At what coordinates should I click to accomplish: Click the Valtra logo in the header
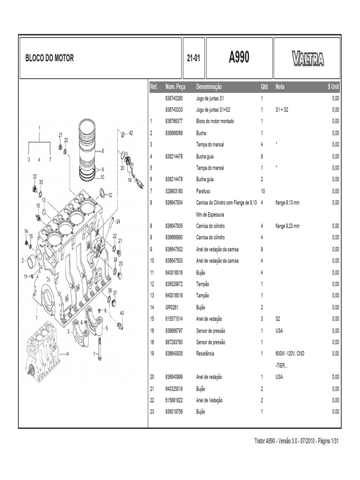point(307,59)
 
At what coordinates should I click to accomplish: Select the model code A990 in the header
point(239,58)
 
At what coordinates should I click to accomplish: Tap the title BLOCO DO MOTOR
point(49,59)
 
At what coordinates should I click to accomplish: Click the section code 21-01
point(193,59)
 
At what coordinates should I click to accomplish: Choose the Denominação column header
point(209,87)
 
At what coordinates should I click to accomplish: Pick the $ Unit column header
point(333,87)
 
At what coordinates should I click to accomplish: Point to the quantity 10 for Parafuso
point(263,191)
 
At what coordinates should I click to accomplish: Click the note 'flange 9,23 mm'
point(287,226)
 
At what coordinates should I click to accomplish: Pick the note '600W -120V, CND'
point(290,353)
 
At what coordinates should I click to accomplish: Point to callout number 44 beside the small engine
point(67,354)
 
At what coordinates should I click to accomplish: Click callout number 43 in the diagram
point(121,313)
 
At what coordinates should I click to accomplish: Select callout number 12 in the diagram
point(110,195)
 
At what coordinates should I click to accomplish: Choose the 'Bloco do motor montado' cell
point(215,121)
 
